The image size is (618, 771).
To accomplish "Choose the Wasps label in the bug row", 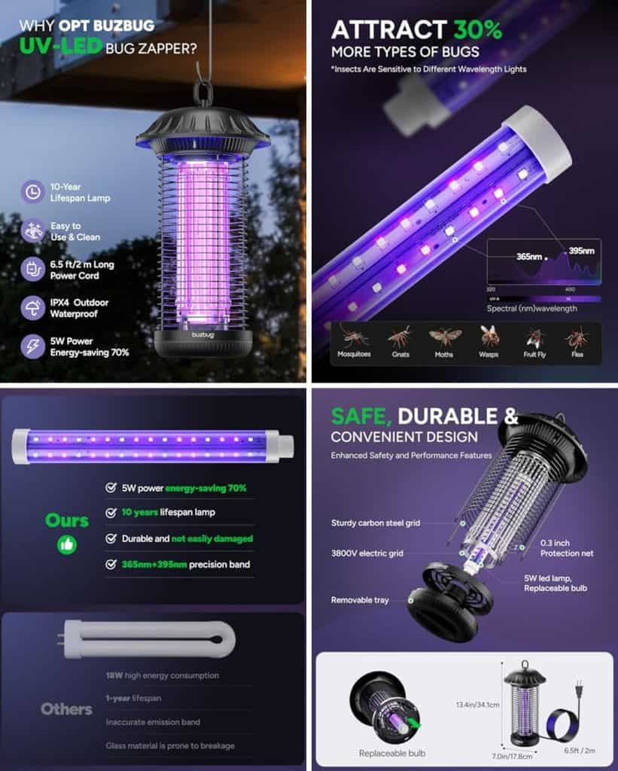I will (489, 354).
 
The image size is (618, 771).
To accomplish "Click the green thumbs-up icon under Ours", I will (67, 544).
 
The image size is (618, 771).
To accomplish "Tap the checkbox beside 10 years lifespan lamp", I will (111, 513).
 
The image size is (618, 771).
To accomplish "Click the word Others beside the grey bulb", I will (66, 709).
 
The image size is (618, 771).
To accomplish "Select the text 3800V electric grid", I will (367, 553).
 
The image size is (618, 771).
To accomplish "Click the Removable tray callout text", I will (361, 600).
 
